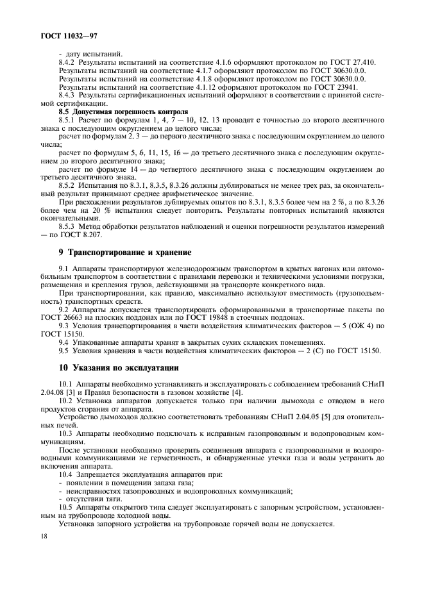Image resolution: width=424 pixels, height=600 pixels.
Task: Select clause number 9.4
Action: click(64, 342)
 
